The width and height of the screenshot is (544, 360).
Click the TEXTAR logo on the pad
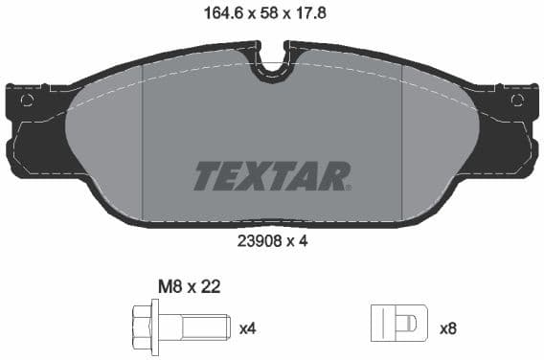272,176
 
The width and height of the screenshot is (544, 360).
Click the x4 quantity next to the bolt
247,328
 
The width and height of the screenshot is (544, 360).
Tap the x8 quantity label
447,328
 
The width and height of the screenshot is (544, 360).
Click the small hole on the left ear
27,101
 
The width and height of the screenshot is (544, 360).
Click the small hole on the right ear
517,101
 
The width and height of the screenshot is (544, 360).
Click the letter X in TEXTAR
260,176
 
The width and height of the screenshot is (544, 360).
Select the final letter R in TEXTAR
336,176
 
